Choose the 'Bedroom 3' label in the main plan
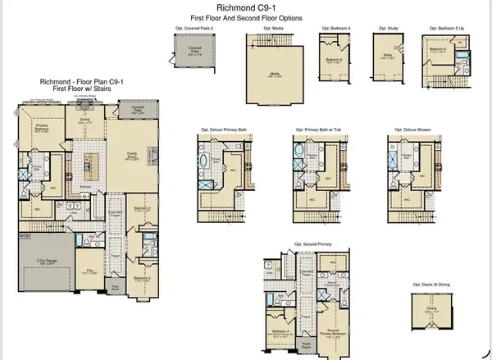(x=142, y=277)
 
